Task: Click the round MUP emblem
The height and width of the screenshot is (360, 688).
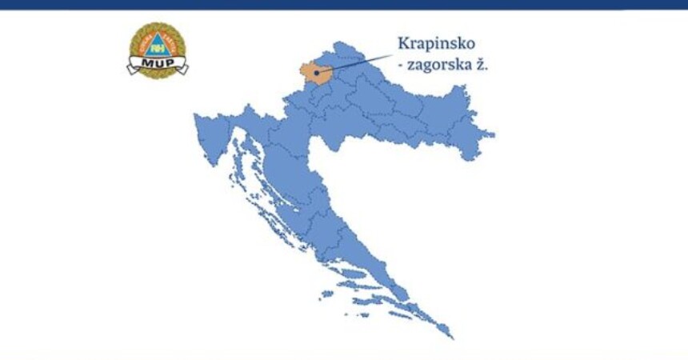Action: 158,48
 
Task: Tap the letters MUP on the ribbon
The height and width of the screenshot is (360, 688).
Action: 158,62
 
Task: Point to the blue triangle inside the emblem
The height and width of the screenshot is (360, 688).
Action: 158,44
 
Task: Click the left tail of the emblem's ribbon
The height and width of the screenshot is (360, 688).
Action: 132,69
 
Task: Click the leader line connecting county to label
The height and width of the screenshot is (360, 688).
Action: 356,63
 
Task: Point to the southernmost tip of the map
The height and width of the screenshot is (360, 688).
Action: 451,337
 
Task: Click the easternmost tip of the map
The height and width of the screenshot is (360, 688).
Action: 492,134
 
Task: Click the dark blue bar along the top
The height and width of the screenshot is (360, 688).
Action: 344,5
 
